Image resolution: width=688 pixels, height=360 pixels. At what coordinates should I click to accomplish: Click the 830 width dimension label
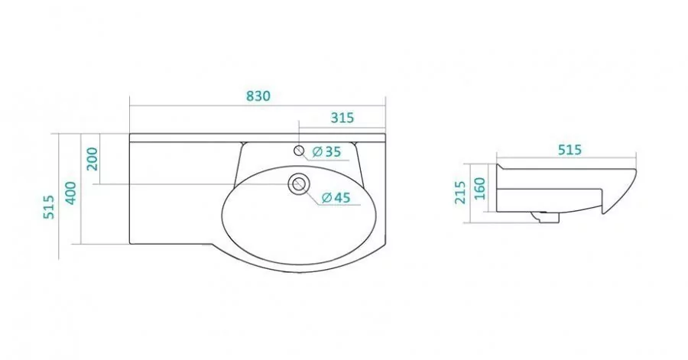point(258,96)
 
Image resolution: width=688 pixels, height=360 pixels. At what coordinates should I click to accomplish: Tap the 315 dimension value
point(342,118)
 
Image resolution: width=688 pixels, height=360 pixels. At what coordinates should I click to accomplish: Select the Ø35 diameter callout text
point(326,151)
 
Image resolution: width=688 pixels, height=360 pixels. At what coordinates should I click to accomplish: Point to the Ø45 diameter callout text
point(336,198)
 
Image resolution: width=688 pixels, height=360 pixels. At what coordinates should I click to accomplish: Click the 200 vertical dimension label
point(92,159)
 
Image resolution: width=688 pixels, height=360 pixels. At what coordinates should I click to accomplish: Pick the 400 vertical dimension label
point(70,193)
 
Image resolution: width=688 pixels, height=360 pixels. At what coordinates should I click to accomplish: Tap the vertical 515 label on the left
point(49,207)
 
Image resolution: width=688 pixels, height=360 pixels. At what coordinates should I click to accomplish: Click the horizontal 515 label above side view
point(570,150)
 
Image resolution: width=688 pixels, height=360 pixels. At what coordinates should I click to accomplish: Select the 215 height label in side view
point(460,193)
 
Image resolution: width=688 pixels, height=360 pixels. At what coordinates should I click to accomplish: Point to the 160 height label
point(480,189)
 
